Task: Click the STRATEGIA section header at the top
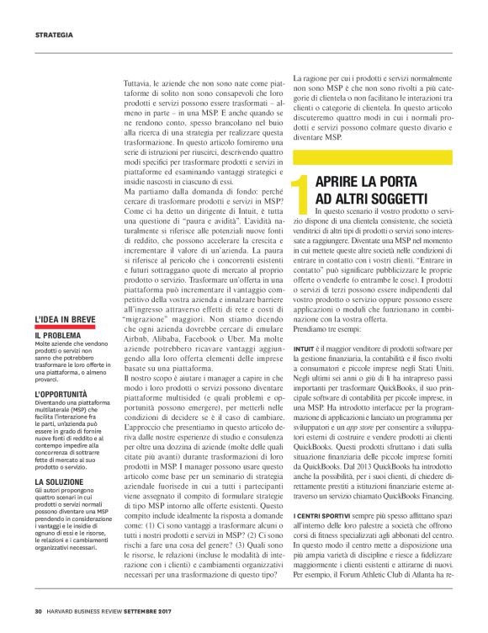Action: click(54, 35)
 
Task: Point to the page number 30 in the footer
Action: click(39, 611)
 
